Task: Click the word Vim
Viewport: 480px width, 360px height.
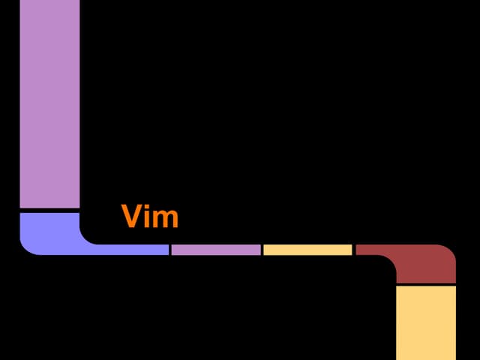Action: tap(150, 216)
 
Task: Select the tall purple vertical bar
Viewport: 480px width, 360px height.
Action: tap(49, 103)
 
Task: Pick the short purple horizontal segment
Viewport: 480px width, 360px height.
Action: tap(216, 250)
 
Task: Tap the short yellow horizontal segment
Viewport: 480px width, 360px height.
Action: tap(307, 250)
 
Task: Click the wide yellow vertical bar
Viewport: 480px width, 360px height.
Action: tap(426, 323)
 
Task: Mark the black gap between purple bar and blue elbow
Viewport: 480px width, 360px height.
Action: tap(49, 211)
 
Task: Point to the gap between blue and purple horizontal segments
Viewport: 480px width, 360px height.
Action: tap(170, 250)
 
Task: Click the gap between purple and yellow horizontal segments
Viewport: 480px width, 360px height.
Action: tap(262, 250)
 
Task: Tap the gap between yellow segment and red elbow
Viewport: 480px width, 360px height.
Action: tap(354, 250)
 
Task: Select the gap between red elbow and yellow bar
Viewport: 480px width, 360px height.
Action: tap(426, 285)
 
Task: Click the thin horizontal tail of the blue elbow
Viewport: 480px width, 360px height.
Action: tap(132, 250)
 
